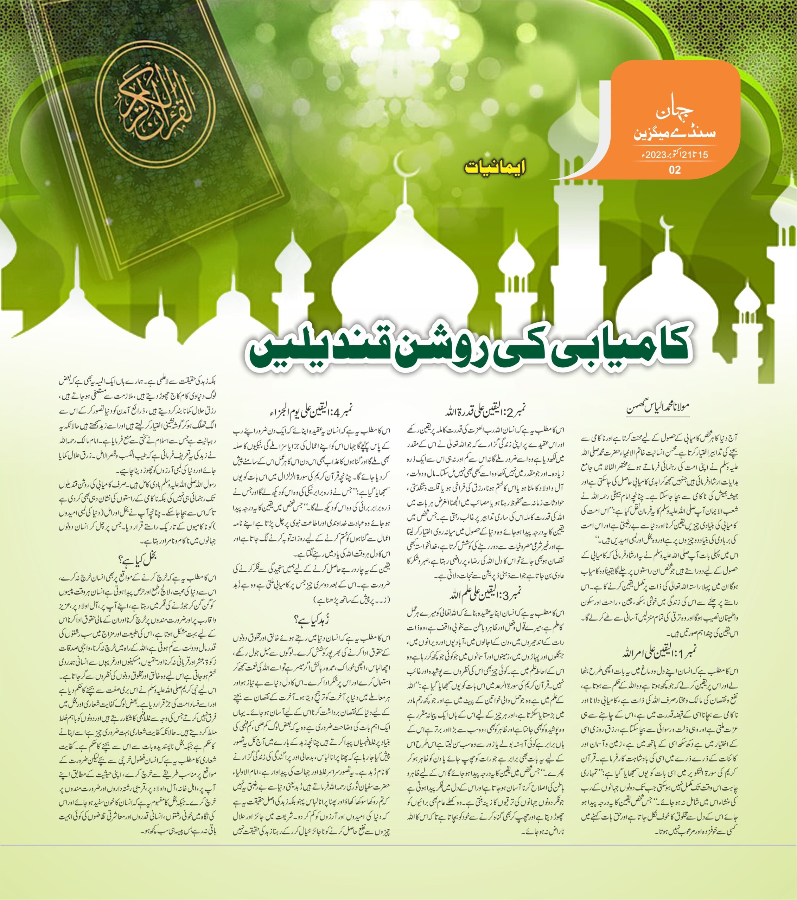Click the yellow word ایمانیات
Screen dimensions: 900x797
pos(495,168)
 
